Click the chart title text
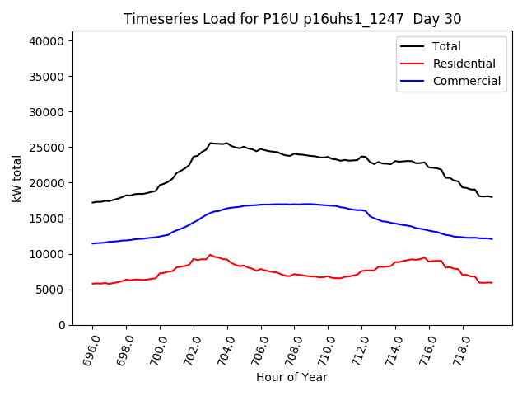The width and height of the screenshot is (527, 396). [292, 19]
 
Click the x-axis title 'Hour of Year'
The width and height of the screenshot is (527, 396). [291, 377]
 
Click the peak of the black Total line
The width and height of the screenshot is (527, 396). [211, 143]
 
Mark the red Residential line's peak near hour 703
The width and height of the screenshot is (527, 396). [210, 255]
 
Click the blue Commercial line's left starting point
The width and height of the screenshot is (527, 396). [92, 243]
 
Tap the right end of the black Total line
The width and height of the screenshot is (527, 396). [492, 197]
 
